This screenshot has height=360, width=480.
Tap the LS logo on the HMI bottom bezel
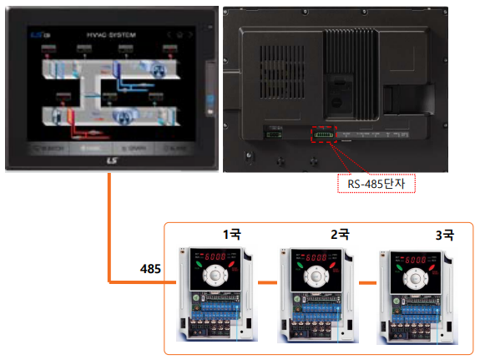111,161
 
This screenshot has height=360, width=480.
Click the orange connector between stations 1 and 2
267,283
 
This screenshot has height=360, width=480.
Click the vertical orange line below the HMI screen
109,226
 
